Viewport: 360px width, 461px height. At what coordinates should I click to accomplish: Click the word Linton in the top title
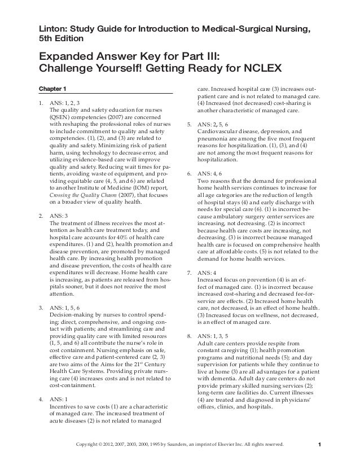point(50,29)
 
